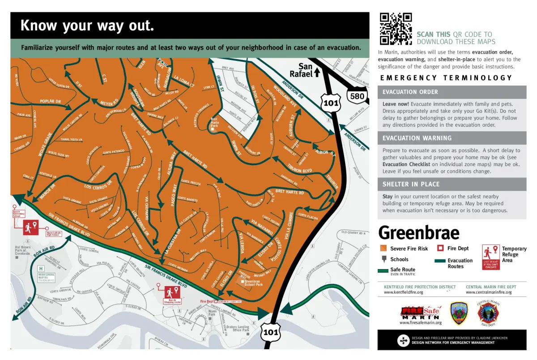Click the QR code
point(396,29)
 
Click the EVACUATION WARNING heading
point(417,138)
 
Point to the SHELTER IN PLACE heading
point(411,184)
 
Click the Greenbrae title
point(418,233)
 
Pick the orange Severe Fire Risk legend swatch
point(383,249)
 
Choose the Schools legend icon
point(383,259)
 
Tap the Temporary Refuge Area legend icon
point(490,257)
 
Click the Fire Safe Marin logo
point(421,312)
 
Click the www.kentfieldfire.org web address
point(403,292)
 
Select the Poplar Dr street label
point(50,102)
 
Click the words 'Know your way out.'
point(87,26)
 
